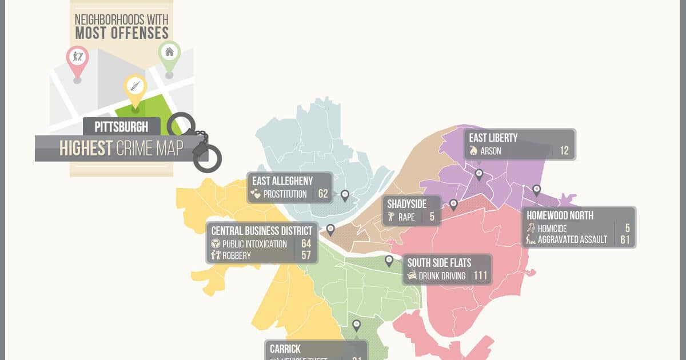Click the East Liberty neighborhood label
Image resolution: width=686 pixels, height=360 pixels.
pyautogui.click(x=493, y=138)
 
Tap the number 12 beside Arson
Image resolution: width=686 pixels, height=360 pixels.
pyautogui.click(x=564, y=151)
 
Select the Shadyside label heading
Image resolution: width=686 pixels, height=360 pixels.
pyautogui.click(x=410, y=204)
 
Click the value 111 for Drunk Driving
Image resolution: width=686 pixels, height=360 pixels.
pyautogui.click(x=480, y=277)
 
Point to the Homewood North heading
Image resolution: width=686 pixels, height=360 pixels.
pyautogui.click(x=560, y=216)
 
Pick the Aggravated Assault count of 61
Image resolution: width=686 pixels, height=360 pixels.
pyautogui.click(x=625, y=240)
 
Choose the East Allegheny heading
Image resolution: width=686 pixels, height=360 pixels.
pyautogui.click(x=282, y=181)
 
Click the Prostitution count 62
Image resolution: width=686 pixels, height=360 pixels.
pyautogui.click(x=323, y=194)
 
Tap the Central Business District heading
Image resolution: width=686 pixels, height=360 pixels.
pyautogui.click(x=262, y=231)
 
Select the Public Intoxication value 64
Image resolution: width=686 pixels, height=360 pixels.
pyautogui.click(x=306, y=244)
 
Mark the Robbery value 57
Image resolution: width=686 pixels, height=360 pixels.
pyautogui.click(x=306, y=255)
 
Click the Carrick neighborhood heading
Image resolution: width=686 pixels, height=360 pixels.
pyautogui.click(x=286, y=349)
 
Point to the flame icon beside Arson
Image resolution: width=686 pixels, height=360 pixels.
pyautogui.click(x=473, y=151)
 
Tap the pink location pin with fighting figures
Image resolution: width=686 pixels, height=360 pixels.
pyautogui.click(x=77, y=58)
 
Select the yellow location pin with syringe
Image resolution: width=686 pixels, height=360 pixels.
pyautogui.click(x=135, y=87)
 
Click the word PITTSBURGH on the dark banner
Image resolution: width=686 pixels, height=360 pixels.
pyautogui.click(x=121, y=127)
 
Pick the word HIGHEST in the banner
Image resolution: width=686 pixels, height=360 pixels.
pyautogui.click(x=86, y=149)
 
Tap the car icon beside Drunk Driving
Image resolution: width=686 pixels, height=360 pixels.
pyautogui.click(x=412, y=277)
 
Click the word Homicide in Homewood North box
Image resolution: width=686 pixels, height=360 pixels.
pyautogui.click(x=552, y=229)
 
